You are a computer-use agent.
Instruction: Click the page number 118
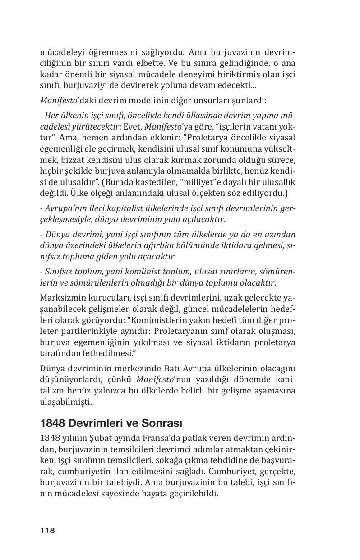pos(47,530)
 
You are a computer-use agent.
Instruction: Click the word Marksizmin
pos(61,298)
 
